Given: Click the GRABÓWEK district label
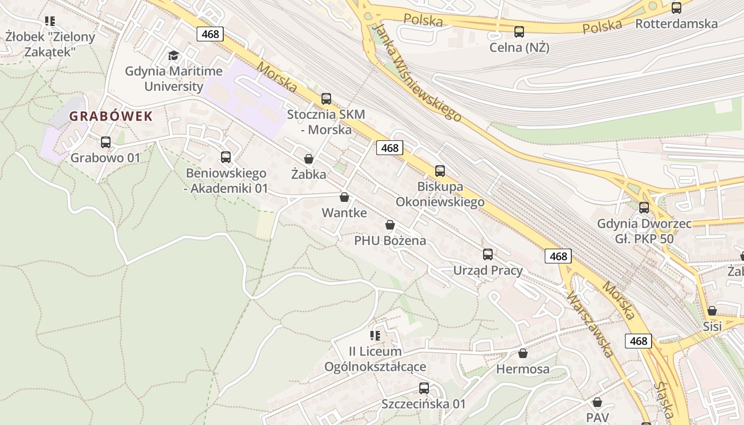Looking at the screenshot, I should [x=111, y=116].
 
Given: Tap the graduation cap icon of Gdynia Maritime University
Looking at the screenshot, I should [x=173, y=55].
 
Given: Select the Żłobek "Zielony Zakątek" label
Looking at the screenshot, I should [x=50, y=44].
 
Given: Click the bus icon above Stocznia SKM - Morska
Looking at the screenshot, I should [x=326, y=99].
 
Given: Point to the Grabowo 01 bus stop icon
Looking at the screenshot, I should [x=106, y=142].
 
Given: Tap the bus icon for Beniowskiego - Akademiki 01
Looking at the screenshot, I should [x=226, y=157].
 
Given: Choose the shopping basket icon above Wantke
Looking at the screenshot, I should [x=344, y=198].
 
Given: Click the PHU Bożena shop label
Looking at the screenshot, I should [x=390, y=241].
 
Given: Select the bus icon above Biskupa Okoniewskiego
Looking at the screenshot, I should [x=440, y=171].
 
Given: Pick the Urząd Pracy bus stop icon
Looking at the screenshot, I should [x=488, y=254].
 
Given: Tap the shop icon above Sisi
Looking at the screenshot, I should [x=712, y=311].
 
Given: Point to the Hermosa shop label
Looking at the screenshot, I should [x=523, y=369].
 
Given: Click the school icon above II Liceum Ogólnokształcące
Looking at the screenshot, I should [x=375, y=336].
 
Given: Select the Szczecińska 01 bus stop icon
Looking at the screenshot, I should [x=424, y=388].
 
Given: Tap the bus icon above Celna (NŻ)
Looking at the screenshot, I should [x=519, y=32].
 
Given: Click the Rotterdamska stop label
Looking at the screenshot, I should [x=676, y=24].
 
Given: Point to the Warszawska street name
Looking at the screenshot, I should [x=590, y=324].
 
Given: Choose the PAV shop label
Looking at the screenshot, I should [x=597, y=417].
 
